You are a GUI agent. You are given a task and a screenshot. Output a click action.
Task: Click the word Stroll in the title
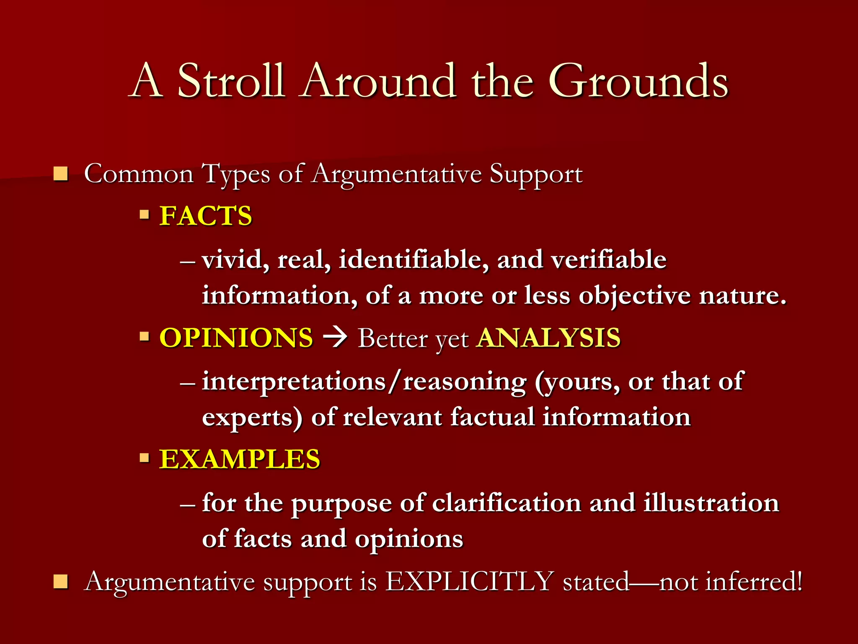click(x=231, y=80)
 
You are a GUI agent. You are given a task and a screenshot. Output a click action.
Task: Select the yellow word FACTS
click(x=206, y=216)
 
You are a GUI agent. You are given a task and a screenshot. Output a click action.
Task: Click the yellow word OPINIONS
click(x=236, y=338)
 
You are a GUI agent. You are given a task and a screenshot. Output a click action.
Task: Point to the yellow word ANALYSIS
click(x=549, y=338)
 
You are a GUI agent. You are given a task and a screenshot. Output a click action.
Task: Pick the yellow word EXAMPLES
click(x=240, y=459)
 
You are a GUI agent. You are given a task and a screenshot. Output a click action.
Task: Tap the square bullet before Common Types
click(x=61, y=174)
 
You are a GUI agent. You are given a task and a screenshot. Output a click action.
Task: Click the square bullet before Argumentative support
click(x=61, y=582)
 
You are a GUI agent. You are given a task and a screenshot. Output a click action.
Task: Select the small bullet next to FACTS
click(x=145, y=216)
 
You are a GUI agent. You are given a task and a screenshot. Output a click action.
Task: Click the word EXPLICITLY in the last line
click(x=470, y=582)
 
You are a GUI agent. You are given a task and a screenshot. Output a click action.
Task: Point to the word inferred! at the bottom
click(x=731, y=582)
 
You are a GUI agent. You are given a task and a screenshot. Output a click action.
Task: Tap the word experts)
click(x=252, y=418)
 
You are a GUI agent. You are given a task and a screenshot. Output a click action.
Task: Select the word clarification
click(x=506, y=503)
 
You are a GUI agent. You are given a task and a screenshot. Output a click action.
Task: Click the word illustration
click(x=711, y=503)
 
